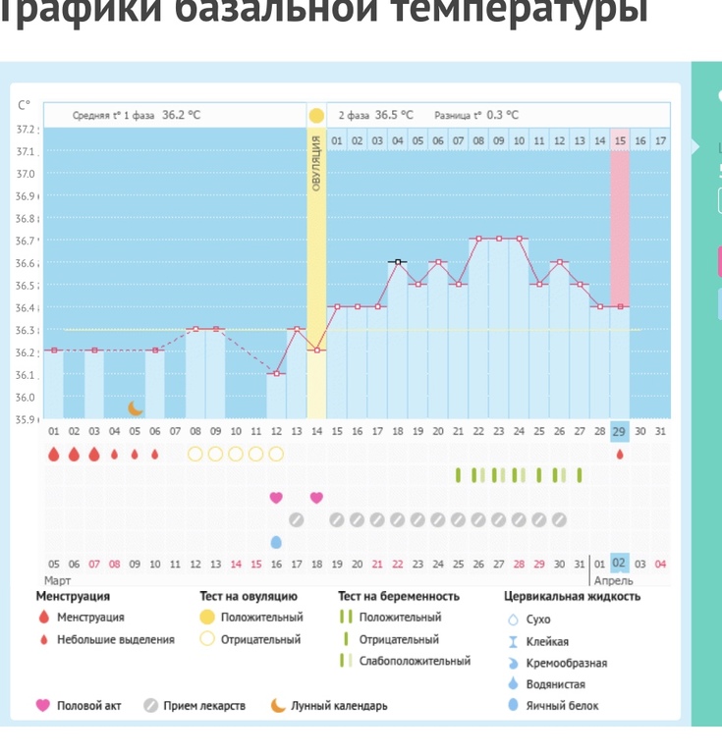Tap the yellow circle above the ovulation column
click(x=316, y=116)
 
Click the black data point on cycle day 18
click(x=397, y=262)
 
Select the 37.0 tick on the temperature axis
click(x=27, y=174)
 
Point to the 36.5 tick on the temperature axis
click(x=27, y=286)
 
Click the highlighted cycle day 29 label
click(x=619, y=432)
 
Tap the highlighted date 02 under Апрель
click(x=619, y=564)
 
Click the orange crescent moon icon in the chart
click(x=136, y=407)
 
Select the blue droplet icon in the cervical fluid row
click(x=276, y=542)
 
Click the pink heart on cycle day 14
click(x=316, y=498)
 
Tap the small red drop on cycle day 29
click(x=619, y=455)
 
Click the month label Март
click(x=59, y=581)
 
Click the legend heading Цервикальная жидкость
click(x=572, y=596)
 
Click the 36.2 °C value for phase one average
click(x=182, y=115)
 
